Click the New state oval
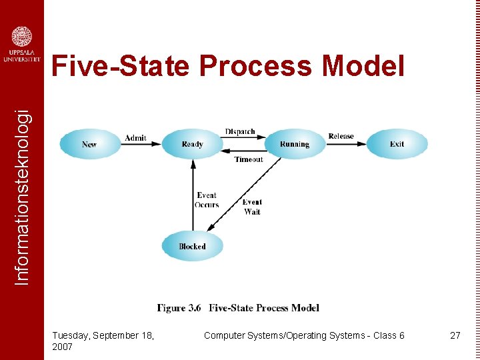90,144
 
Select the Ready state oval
192,144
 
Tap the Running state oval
295,144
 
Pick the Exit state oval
397,144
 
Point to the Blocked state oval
192,247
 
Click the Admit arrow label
135,138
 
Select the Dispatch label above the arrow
240,132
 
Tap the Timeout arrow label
249,159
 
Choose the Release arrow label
341,136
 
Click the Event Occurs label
207,200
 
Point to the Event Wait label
252,207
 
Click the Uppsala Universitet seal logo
22,37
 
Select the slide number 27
455,335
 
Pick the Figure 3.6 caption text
238,308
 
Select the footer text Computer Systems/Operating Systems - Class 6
304,335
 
